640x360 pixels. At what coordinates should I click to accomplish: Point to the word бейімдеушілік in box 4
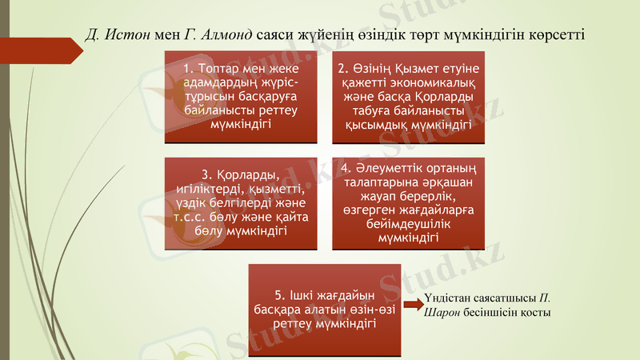pyautogui.click(x=408, y=226)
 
